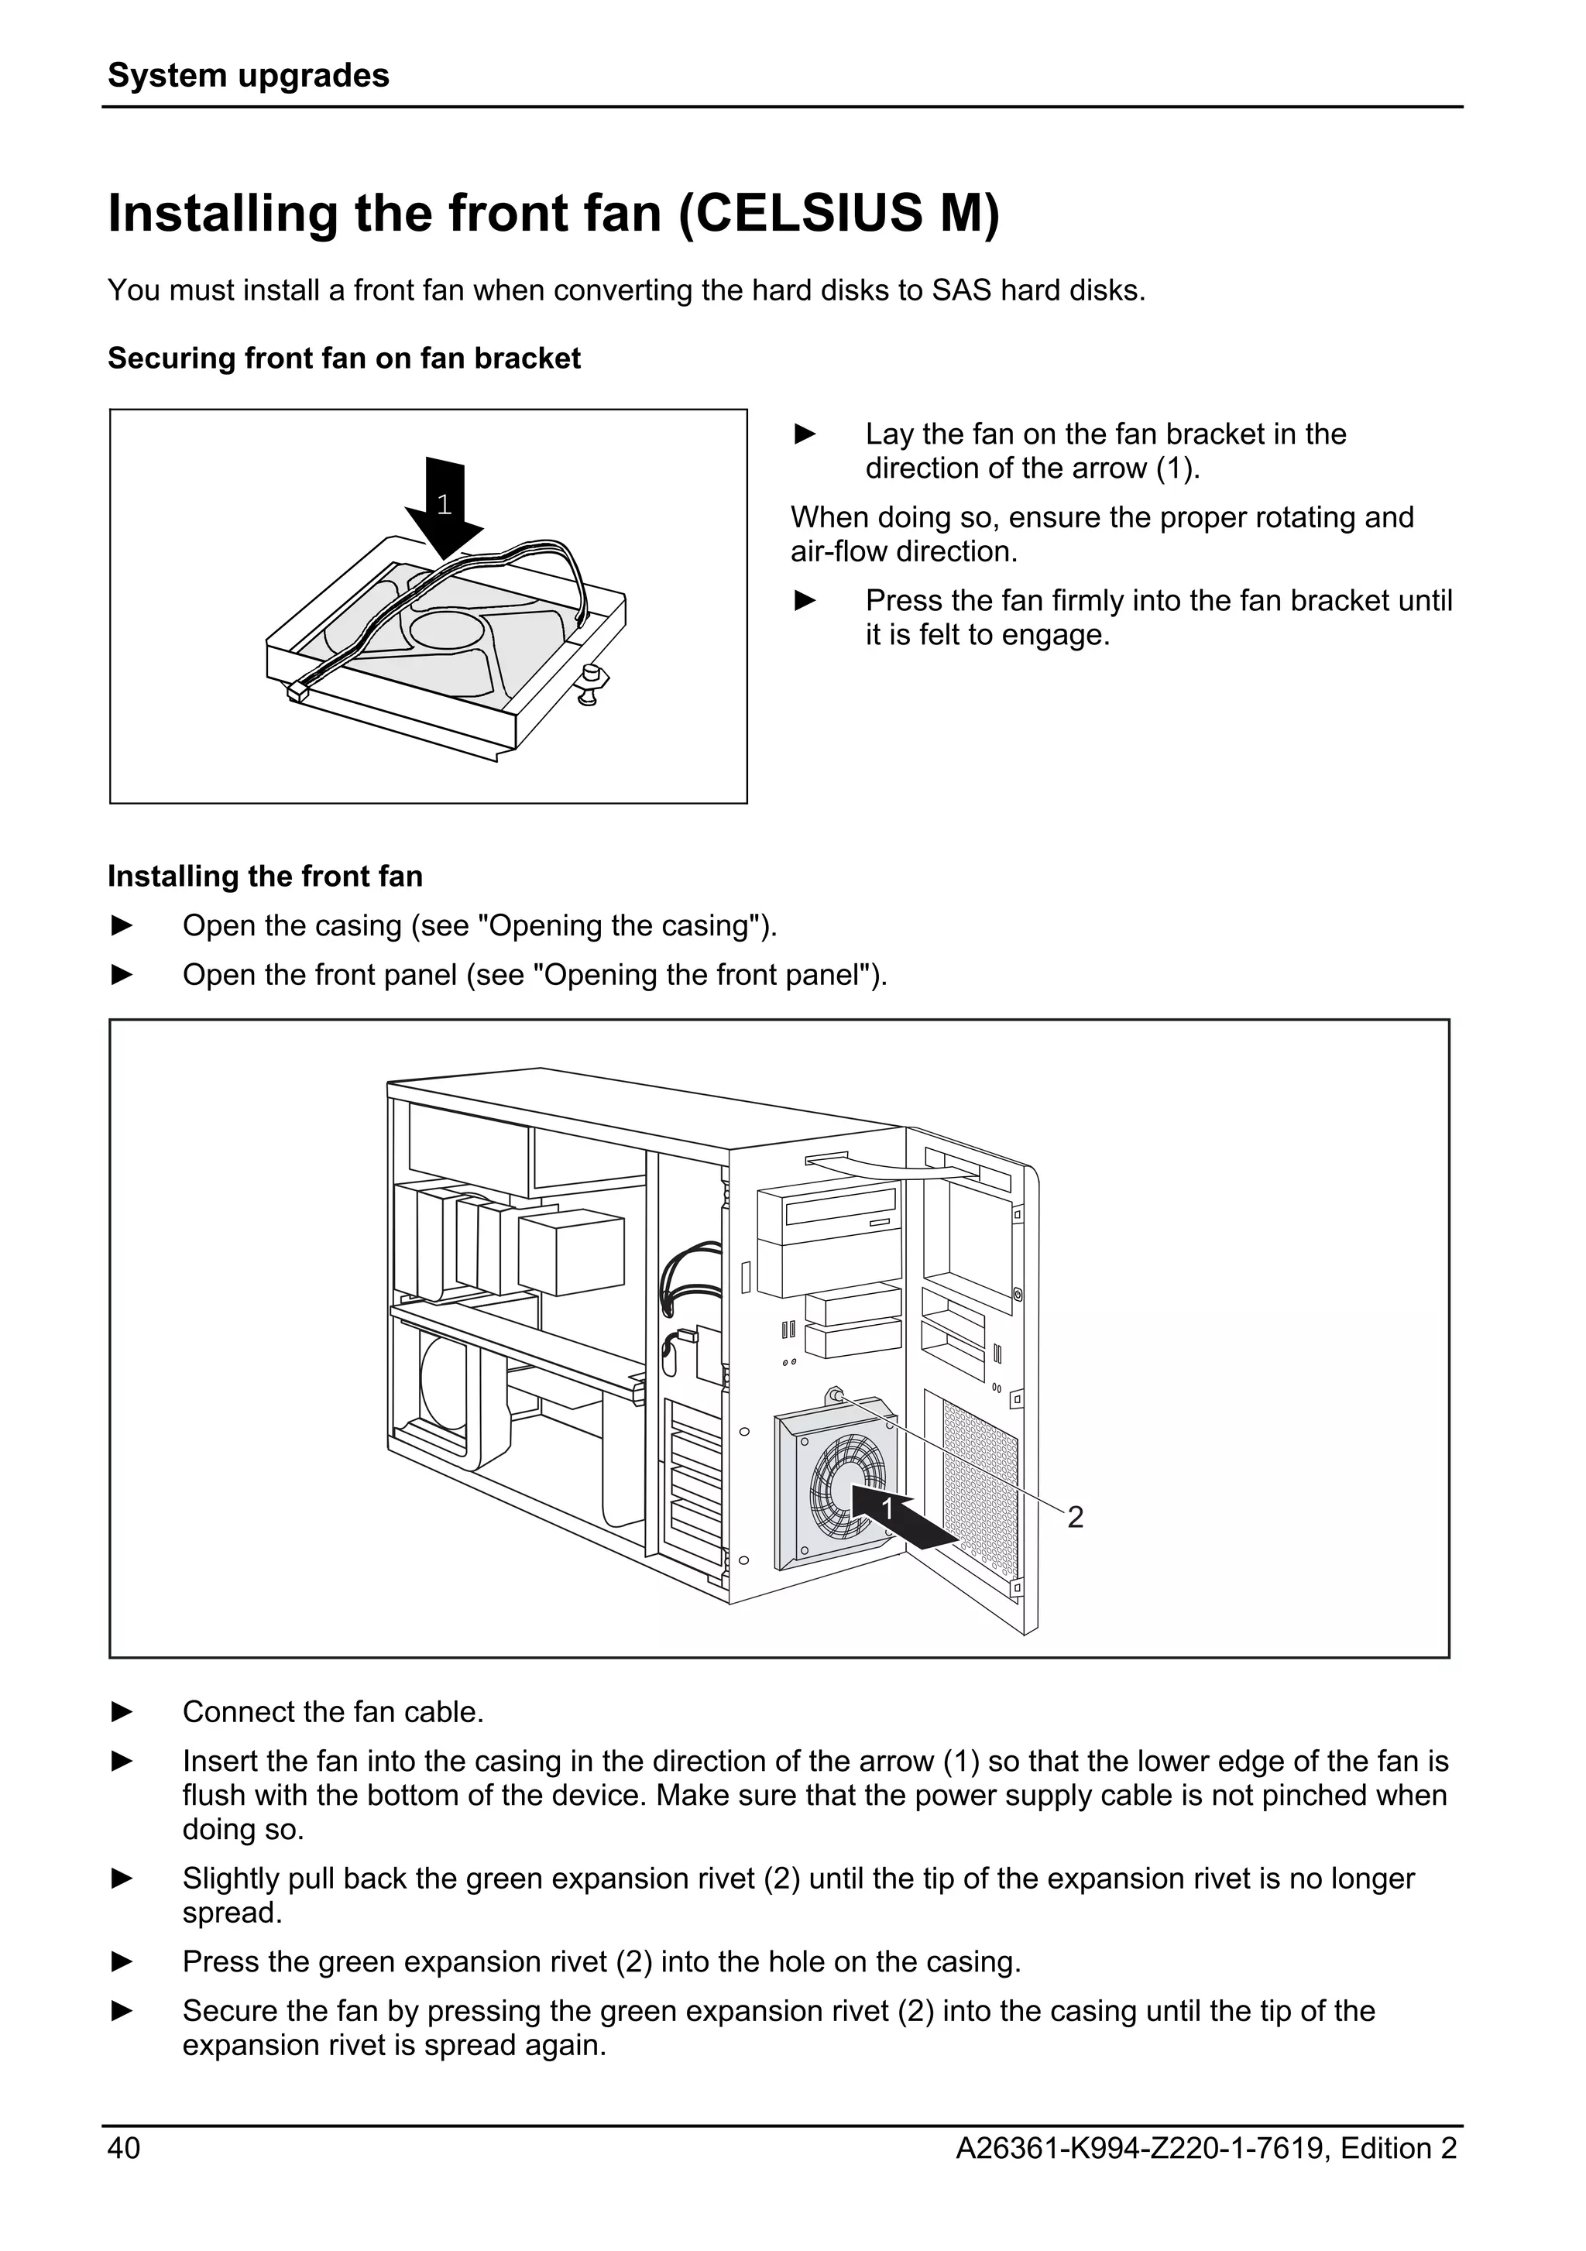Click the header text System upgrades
point(248,75)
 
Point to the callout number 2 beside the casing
point(1076,1517)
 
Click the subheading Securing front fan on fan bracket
point(343,359)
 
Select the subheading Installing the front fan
point(265,877)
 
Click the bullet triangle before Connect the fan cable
point(122,1713)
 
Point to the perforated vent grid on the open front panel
point(980,1481)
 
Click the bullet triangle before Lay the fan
point(805,434)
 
